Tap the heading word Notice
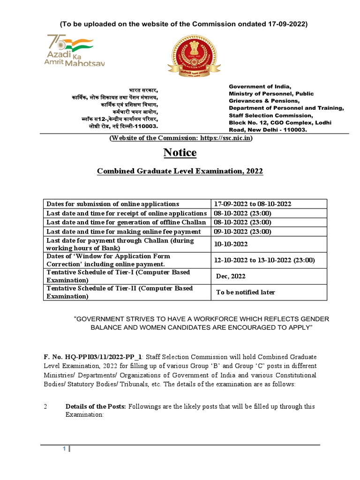[x=180, y=153]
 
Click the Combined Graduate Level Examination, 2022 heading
[x=180, y=172]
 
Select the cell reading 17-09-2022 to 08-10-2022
[x=253, y=204]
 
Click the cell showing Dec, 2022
[x=231, y=276]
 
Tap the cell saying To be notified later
[x=245, y=292]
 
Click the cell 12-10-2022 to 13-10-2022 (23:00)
[x=264, y=260]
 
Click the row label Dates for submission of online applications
[x=112, y=204]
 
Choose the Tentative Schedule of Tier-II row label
[x=120, y=292]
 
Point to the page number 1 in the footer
[x=65, y=449]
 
